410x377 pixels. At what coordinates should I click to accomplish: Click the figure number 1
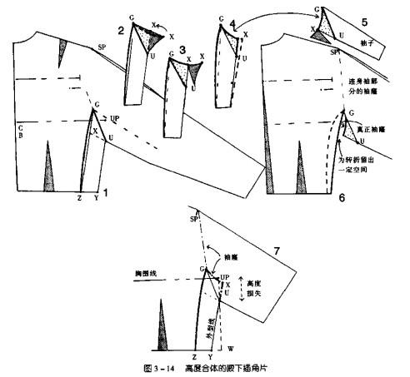click(106, 191)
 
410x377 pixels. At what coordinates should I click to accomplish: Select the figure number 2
click(122, 31)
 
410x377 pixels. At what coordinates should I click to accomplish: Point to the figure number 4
click(232, 24)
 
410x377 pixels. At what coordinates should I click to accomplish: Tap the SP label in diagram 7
click(194, 217)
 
